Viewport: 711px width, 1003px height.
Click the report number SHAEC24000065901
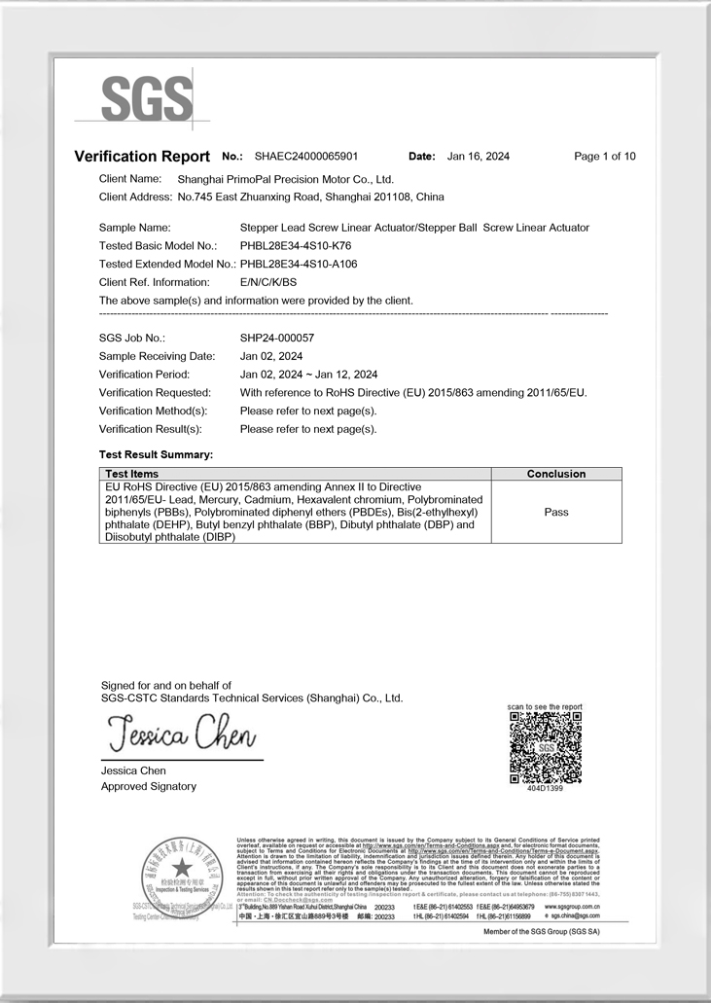click(x=305, y=156)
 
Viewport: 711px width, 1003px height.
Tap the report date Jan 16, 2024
click(x=478, y=156)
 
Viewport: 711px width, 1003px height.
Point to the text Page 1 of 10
click(x=605, y=156)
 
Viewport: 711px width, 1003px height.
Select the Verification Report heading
click(x=142, y=157)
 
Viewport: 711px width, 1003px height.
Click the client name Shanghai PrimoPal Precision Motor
click(x=285, y=179)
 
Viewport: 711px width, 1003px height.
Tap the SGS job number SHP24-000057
click(x=277, y=338)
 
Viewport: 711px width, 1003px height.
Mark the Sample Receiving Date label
click(x=157, y=356)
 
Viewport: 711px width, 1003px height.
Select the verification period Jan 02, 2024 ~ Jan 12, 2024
click(x=308, y=375)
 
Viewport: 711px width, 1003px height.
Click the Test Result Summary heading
click(x=156, y=454)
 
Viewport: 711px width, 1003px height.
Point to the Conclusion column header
click(x=556, y=474)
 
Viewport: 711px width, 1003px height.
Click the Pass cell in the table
click(x=556, y=512)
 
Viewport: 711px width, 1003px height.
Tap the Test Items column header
click(x=131, y=474)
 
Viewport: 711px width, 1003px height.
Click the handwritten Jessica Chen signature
click(x=179, y=732)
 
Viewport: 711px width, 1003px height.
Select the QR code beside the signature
click(x=545, y=746)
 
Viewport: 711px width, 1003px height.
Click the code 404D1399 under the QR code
click(x=545, y=788)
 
